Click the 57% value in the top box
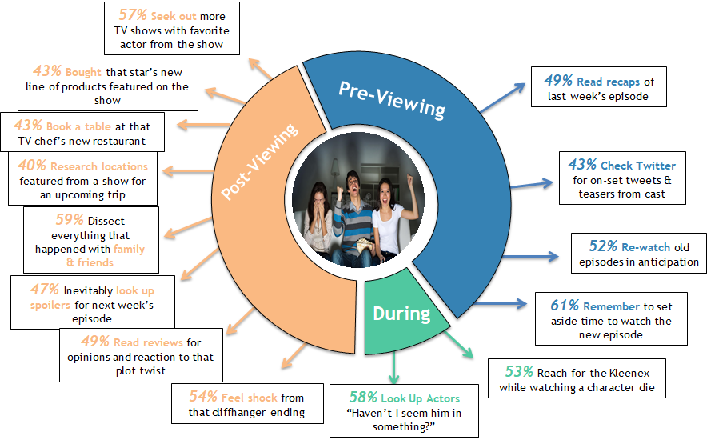point(130,15)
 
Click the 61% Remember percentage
point(564,306)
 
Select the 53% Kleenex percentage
point(518,372)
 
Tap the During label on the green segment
point(401,313)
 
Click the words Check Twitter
point(638,165)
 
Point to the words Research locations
point(99,166)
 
